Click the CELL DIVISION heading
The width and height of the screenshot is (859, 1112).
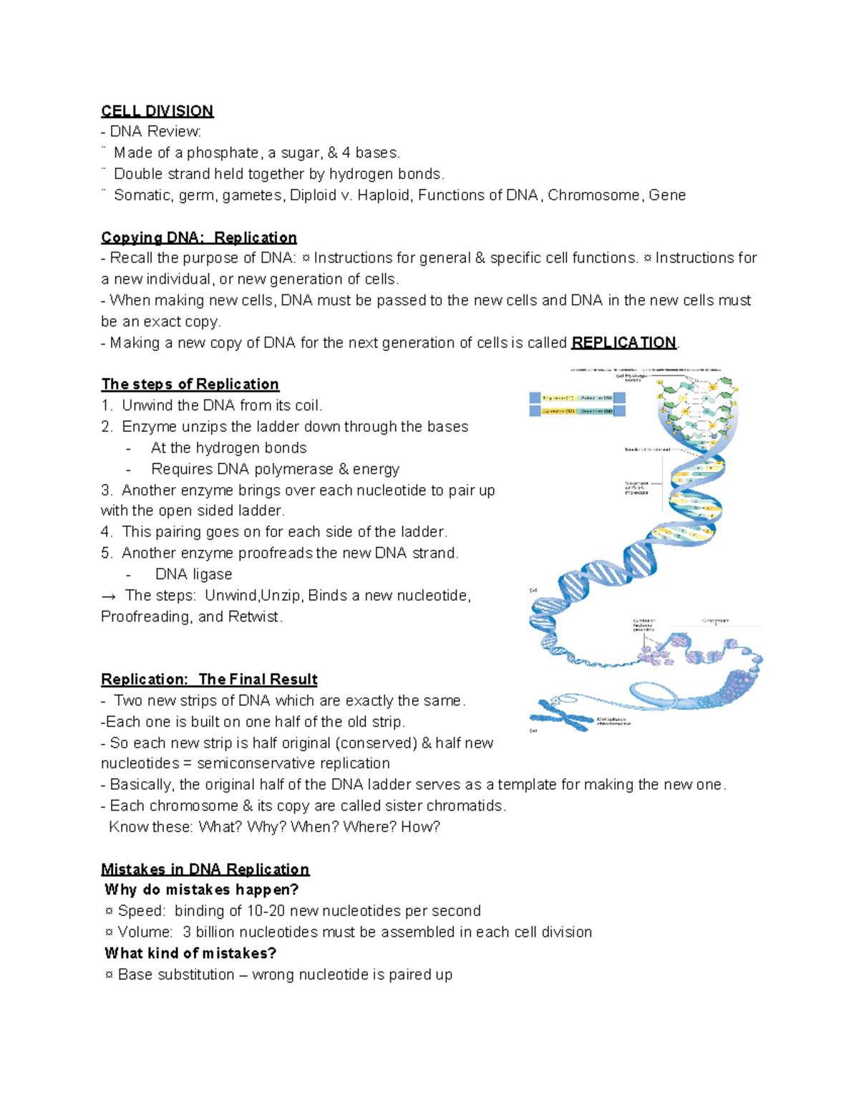click(157, 111)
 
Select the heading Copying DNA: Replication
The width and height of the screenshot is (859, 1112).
click(198, 238)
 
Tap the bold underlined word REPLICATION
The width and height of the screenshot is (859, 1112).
click(623, 343)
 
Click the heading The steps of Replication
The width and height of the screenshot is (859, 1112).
click(190, 385)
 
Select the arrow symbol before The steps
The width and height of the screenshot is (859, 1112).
click(109, 596)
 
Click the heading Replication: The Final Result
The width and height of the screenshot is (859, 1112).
click(209, 680)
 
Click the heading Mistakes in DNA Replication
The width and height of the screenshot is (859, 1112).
click(205, 869)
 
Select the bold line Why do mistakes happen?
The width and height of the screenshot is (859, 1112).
click(201, 890)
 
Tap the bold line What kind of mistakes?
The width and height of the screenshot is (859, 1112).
click(190, 953)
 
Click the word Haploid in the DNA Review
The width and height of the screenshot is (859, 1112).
click(383, 195)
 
